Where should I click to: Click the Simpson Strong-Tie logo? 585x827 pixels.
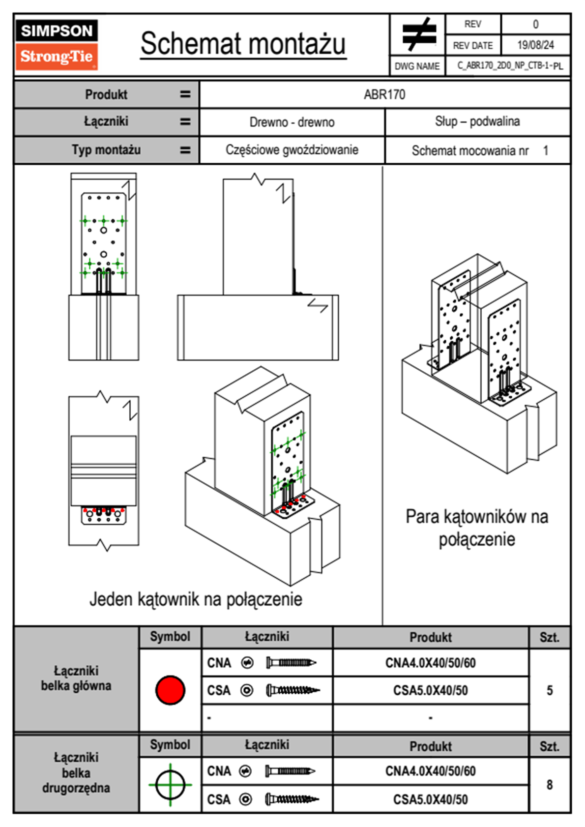(x=57, y=44)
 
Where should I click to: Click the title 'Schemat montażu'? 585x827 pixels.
(x=243, y=44)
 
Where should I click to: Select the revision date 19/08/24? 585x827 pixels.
(x=535, y=45)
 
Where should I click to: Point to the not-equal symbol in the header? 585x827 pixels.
(x=418, y=34)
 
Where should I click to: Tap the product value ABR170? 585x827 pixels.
(x=384, y=94)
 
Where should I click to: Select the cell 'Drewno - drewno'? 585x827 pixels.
(x=292, y=122)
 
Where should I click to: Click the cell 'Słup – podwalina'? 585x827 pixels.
(x=477, y=121)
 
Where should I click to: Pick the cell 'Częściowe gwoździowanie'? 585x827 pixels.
(x=292, y=150)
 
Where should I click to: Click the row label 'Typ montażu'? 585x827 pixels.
(x=106, y=150)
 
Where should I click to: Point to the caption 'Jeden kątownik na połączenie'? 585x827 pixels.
(x=196, y=599)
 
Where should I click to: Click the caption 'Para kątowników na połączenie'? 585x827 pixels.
(x=476, y=528)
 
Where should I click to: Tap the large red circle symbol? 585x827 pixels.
(x=170, y=690)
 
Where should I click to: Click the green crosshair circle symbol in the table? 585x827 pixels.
(x=170, y=785)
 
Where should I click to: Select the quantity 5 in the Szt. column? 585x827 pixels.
(x=550, y=690)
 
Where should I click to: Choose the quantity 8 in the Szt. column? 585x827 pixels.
(x=550, y=785)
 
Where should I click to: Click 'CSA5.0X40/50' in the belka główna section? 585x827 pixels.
(x=430, y=691)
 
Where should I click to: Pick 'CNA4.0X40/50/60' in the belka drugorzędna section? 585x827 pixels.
(x=430, y=771)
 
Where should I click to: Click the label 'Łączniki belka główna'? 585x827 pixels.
(x=76, y=679)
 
